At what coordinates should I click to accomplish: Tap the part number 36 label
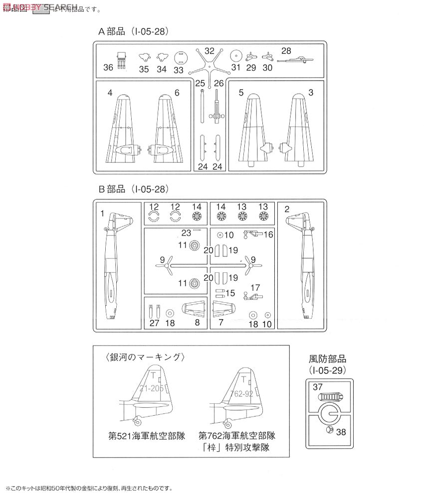click(108, 68)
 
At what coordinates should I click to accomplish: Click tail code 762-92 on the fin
click(243, 392)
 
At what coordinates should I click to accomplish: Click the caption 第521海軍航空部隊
click(147, 435)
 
